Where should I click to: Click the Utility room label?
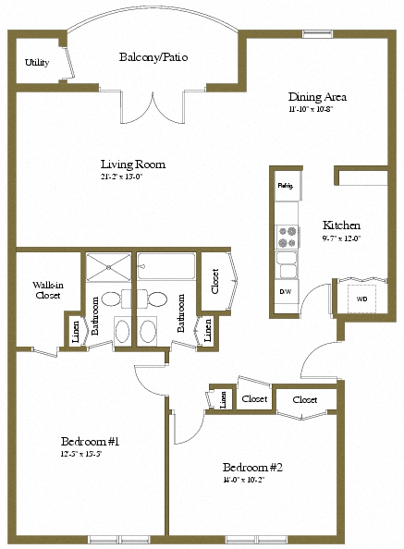[37, 63]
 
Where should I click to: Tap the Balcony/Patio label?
[153, 57]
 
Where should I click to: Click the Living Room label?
[132, 165]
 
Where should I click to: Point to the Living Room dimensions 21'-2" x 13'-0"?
[122, 177]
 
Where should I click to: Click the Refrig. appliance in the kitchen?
[285, 186]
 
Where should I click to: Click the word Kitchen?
[341, 226]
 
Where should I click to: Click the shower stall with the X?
[110, 268]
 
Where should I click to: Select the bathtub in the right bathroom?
[166, 268]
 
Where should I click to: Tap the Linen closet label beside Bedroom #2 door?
[223, 399]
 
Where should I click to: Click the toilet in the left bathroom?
[110, 299]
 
